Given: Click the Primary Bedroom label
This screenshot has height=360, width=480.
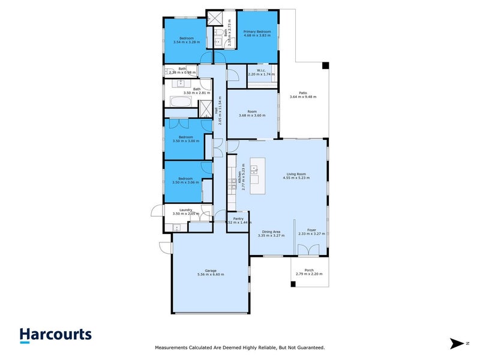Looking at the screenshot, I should [x=257, y=31].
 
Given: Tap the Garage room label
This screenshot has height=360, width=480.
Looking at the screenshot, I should [x=210, y=271].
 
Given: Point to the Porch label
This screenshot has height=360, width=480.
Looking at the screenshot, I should [x=309, y=270].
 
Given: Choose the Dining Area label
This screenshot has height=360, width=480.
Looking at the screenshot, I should [x=271, y=232].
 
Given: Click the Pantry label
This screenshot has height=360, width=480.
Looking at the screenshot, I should [x=238, y=219].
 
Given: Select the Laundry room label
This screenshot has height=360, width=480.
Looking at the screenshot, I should [x=185, y=210].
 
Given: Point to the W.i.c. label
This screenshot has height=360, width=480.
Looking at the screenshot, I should [x=261, y=71].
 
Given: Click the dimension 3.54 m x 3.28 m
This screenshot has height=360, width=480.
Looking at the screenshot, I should [x=187, y=42].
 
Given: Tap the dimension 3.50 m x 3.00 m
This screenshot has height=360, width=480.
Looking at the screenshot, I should [x=185, y=141].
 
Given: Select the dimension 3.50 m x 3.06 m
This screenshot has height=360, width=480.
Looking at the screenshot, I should [x=185, y=182].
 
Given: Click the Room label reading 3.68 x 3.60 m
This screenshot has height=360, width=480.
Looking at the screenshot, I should [x=252, y=112].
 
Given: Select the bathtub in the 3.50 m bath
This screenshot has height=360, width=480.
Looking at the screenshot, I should [x=178, y=113].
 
